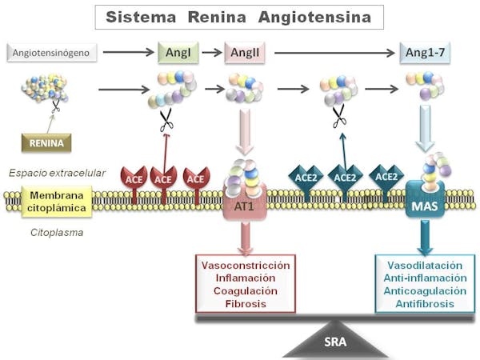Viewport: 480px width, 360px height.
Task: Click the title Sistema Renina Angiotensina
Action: (x=239, y=17)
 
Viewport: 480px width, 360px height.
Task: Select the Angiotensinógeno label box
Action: (x=55, y=54)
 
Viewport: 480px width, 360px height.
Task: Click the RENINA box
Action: (x=46, y=143)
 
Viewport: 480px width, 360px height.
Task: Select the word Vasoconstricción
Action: (x=246, y=264)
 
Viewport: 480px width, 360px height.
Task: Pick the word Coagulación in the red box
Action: (x=246, y=290)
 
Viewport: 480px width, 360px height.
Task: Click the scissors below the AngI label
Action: (x=166, y=122)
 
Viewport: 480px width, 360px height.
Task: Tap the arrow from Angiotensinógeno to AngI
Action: (x=127, y=54)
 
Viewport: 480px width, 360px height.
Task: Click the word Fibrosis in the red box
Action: (x=246, y=304)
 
